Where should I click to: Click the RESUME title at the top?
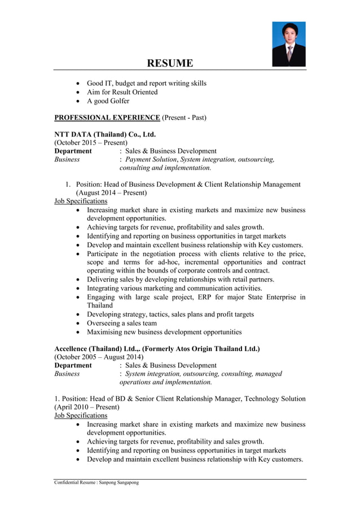pyautogui.click(x=170, y=63)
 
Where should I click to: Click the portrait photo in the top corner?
pyautogui.click(x=288, y=45)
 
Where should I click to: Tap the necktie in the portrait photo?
pyautogui.click(x=289, y=55)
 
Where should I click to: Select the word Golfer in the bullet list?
pyautogui.click(x=118, y=101)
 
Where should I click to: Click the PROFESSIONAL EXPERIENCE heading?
pyautogui.click(x=107, y=117)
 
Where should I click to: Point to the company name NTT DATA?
pyautogui.click(x=73, y=134)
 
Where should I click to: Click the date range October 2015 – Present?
pyautogui.click(x=91, y=143)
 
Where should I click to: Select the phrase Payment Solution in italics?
pyautogui.click(x=148, y=160)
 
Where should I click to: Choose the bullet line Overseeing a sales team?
pyautogui.click(x=122, y=323)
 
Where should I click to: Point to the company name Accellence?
pyautogui.click(x=73, y=349)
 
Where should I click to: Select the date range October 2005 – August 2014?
pyautogui.click(x=99, y=357)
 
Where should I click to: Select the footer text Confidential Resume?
pyautogui.click(x=74, y=482)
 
